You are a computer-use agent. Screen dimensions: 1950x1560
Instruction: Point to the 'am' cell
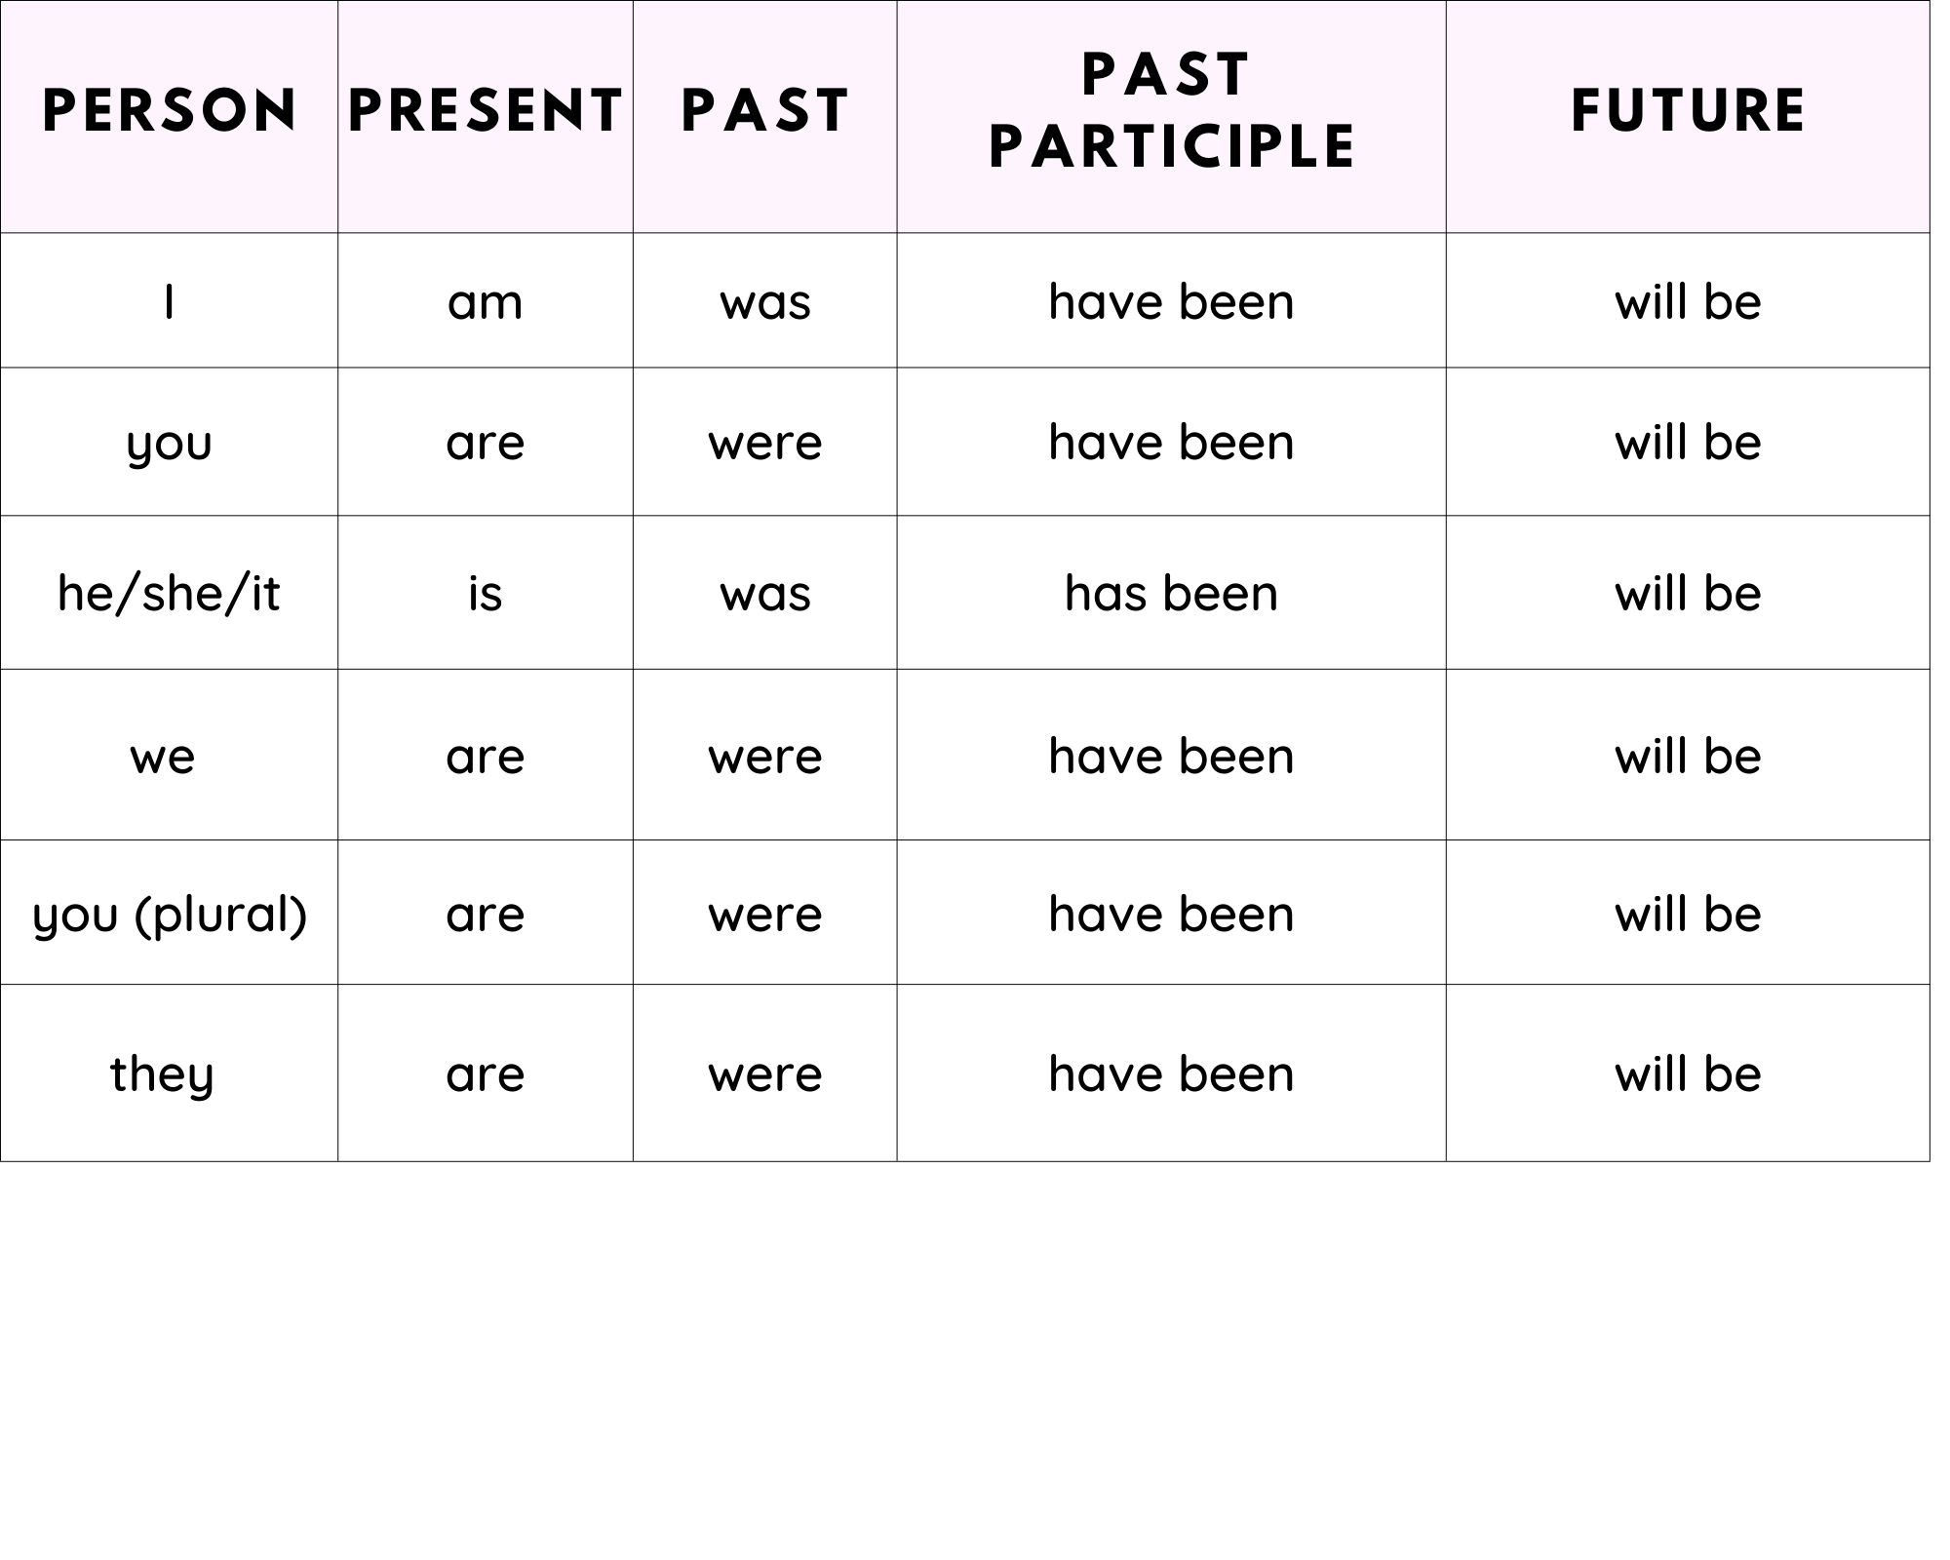tap(486, 302)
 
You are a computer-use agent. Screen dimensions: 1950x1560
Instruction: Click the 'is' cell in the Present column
tap(486, 593)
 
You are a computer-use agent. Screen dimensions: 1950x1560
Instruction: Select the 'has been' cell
tap(1171, 593)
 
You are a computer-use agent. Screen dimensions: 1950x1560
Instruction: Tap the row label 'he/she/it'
tap(169, 593)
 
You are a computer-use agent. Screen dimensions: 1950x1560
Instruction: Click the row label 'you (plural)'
tap(170, 915)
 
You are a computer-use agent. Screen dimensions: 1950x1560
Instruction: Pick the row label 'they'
tap(162, 1074)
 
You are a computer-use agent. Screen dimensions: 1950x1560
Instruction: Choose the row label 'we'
tap(163, 758)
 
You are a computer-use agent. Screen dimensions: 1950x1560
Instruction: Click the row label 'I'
tap(169, 302)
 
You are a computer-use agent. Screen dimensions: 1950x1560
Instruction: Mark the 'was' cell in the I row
tap(765, 303)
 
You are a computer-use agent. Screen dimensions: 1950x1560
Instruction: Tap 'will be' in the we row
tap(1688, 757)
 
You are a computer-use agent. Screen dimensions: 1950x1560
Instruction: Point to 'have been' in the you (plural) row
tap(1171, 915)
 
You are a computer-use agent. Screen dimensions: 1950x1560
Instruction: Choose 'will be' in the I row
tap(1688, 302)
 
